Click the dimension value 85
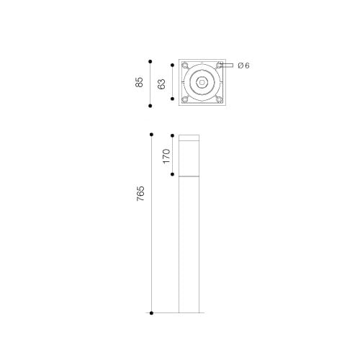click(139, 82)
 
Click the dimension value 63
click(162, 84)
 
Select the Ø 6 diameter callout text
click(243, 66)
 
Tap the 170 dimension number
click(166, 156)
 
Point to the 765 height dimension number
click(140, 194)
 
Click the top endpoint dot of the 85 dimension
click(150, 62)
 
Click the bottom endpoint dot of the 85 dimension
click(150, 106)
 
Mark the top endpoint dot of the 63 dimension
click(172, 65)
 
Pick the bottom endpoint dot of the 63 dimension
click(172, 99)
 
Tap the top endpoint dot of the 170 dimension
click(172, 135)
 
